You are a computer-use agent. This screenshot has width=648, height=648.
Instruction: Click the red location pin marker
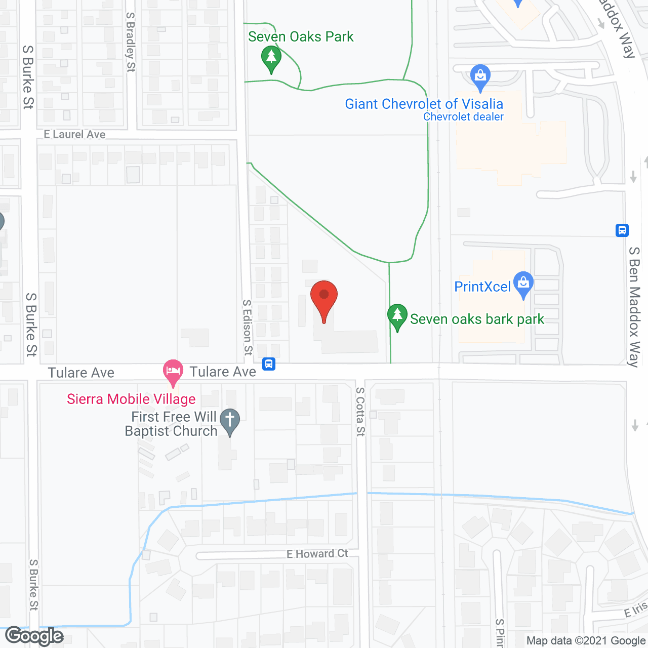324,299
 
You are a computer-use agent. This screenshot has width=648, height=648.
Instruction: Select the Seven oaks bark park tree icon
397,316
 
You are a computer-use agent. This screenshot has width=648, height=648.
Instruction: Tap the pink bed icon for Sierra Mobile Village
173,372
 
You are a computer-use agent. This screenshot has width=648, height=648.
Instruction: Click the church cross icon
230,421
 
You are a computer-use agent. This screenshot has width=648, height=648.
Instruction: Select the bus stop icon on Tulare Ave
269,364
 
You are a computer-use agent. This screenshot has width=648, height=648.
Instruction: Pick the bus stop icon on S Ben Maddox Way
622,230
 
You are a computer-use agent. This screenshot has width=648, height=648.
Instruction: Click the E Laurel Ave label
75,134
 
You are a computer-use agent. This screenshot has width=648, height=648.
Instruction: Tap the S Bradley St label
131,43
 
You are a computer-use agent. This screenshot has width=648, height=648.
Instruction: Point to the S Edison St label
247,327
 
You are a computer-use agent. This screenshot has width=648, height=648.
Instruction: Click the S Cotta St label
360,412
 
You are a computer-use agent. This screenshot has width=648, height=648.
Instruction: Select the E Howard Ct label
317,554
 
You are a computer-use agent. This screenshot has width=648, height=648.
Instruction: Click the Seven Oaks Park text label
301,37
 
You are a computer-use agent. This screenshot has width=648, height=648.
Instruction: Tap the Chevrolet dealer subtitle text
463,117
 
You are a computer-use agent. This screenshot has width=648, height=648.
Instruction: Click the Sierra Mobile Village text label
131,399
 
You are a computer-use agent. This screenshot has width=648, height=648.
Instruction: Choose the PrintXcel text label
482,287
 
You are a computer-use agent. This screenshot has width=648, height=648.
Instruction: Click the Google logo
34,636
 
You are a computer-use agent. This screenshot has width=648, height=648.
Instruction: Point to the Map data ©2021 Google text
586,641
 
